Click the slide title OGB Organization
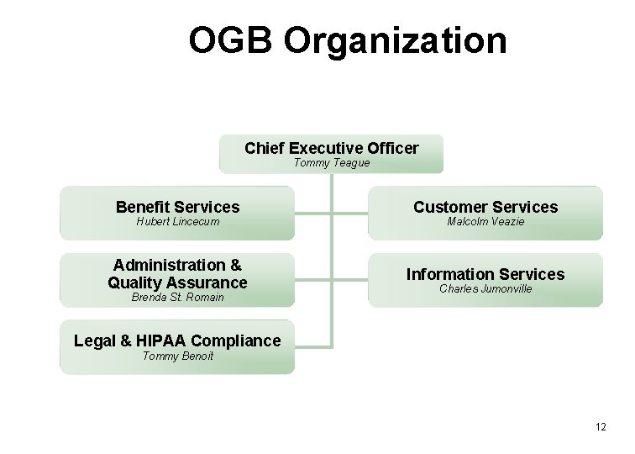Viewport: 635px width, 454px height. click(347, 40)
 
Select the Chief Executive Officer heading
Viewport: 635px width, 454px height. click(331, 148)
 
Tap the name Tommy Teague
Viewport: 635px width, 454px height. click(331, 162)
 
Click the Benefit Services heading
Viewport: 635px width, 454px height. click(177, 206)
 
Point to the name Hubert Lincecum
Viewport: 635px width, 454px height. click(177, 221)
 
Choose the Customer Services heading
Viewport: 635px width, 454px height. click(485, 206)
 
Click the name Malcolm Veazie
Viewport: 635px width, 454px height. click(485, 221)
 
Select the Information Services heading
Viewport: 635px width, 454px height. click(485, 274)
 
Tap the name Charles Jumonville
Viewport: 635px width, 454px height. click(485, 289)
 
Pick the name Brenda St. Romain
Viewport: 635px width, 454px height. click(177, 298)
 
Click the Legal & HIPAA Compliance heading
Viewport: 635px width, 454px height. click(177, 340)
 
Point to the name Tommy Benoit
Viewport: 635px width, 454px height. click(177, 356)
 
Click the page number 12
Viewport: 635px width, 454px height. click(601, 428)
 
